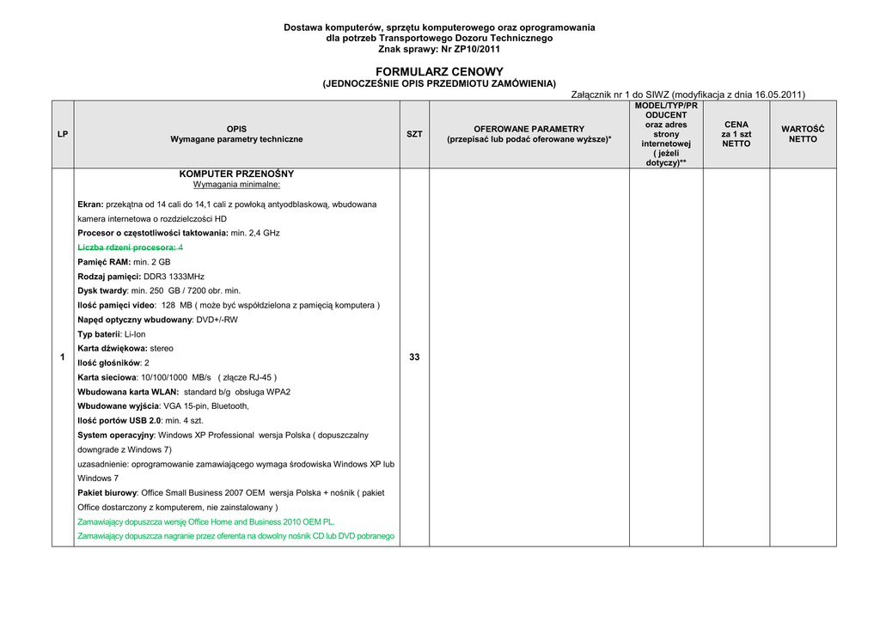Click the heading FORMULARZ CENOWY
pos(439,71)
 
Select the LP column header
pos(63,134)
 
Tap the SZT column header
pos(414,134)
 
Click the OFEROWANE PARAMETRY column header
pos(529,134)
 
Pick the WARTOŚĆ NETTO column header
pos(803,134)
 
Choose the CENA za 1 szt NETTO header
pos(736,134)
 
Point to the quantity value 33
pos(414,357)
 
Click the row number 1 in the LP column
pos(63,357)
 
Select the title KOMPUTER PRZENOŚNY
pos(236,174)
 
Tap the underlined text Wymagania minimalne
pos(236,184)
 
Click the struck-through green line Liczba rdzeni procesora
pos(130,247)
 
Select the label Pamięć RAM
pos(103,262)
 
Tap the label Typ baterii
pos(99,334)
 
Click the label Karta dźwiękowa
pos(112,349)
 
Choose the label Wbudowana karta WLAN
pos(128,392)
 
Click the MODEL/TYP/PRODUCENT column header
pos(666,134)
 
